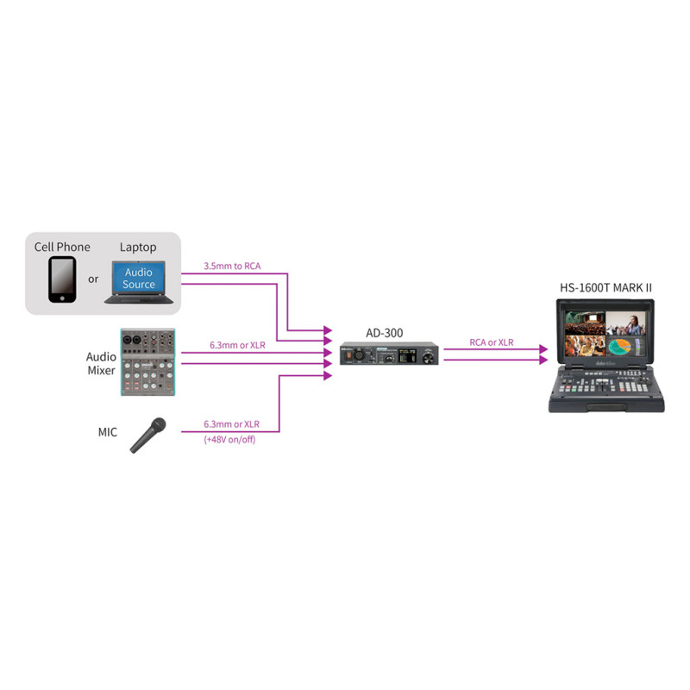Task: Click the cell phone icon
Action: tap(62, 279)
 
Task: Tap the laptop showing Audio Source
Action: tap(139, 282)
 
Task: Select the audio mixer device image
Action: tap(147, 361)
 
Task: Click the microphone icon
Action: tap(147, 436)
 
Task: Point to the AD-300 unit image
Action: tap(389, 354)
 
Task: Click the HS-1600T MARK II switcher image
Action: tap(606, 355)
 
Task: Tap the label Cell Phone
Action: tap(62, 247)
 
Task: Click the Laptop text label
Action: tap(138, 248)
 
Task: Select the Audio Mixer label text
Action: tap(101, 363)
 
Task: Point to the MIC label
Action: tap(108, 432)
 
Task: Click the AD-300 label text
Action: tap(385, 333)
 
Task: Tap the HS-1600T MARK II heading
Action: tap(605, 288)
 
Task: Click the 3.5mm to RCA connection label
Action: tap(232, 266)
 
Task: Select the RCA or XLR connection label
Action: tap(492, 342)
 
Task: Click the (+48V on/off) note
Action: tap(229, 440)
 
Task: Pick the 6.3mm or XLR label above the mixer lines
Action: tap(238, 345)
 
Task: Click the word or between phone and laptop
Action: tap(93, 279)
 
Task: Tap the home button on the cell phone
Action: tap(62, 298)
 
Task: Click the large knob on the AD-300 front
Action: tap(428, 359)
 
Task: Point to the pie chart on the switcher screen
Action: tap(620, 346)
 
